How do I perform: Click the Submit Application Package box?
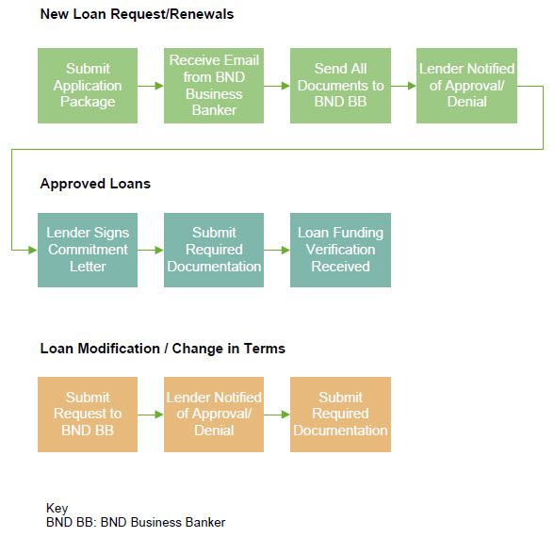pos(88,86)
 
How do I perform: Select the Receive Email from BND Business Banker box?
pos(214,86)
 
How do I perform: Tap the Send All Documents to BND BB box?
pos(341,86)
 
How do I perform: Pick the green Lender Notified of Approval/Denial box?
pos(466,86)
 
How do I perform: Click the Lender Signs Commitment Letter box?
pos(88,250)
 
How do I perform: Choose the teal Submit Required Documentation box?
pos(214,250)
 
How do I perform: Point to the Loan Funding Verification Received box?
pos(341,250)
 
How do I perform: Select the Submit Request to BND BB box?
pos(88,415)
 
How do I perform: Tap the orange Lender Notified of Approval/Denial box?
pos(214,415)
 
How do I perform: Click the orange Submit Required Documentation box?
pos(341,415)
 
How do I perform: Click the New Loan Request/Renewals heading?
pos(138,14)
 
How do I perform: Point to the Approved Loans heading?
pos(95,184)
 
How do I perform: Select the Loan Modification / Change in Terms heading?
pos(162,349)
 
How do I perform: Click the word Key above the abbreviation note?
pos(57,509)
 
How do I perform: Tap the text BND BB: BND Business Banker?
pos(136,523)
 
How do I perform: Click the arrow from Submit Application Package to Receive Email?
pos(151,86)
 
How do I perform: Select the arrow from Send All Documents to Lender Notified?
pos(403,86)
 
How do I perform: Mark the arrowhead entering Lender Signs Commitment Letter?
pos(33,251)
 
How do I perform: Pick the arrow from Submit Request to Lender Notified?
pos(151,415)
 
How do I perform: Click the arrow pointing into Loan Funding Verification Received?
pos(277,251)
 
